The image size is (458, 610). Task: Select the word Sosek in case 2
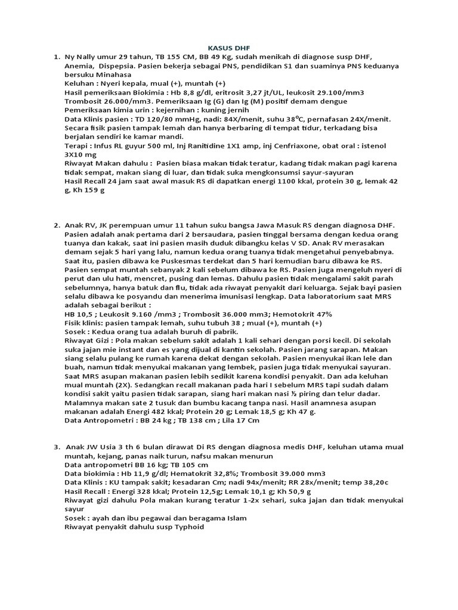click(76, 331)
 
